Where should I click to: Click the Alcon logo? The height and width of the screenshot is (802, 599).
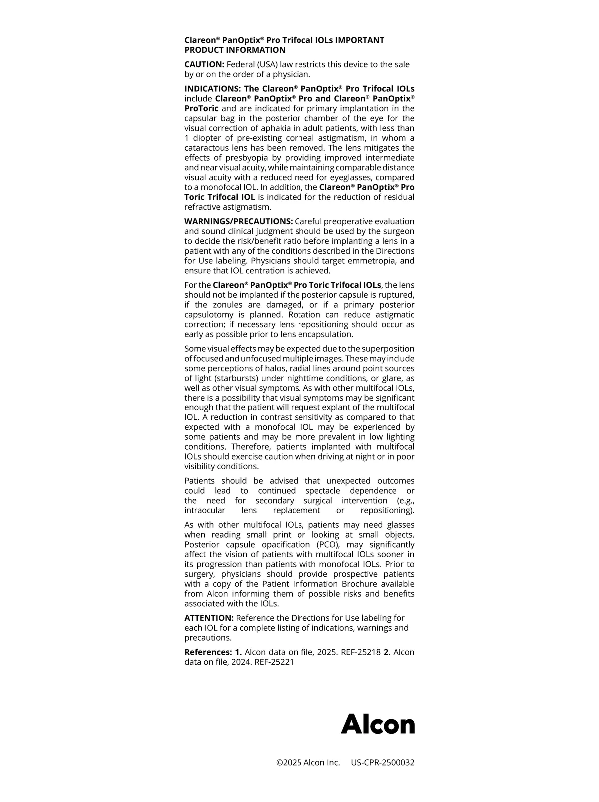coord(378,724)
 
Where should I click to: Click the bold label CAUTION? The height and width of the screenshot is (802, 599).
coord(204,64)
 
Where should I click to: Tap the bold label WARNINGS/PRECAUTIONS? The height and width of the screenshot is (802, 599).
coord(238,221)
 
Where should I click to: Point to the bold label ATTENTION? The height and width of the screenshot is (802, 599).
coord(209,618)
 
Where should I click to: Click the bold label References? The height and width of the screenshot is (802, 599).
coord(208,652)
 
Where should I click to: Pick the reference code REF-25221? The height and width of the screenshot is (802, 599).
coord(274,662)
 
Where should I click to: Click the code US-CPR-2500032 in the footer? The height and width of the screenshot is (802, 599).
coord(382,763)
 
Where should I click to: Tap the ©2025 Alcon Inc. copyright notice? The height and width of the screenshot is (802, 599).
coord(308,763)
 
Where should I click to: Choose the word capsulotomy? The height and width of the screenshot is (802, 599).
coord(208,315)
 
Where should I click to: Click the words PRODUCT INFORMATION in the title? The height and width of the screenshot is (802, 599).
coord(235,50)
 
